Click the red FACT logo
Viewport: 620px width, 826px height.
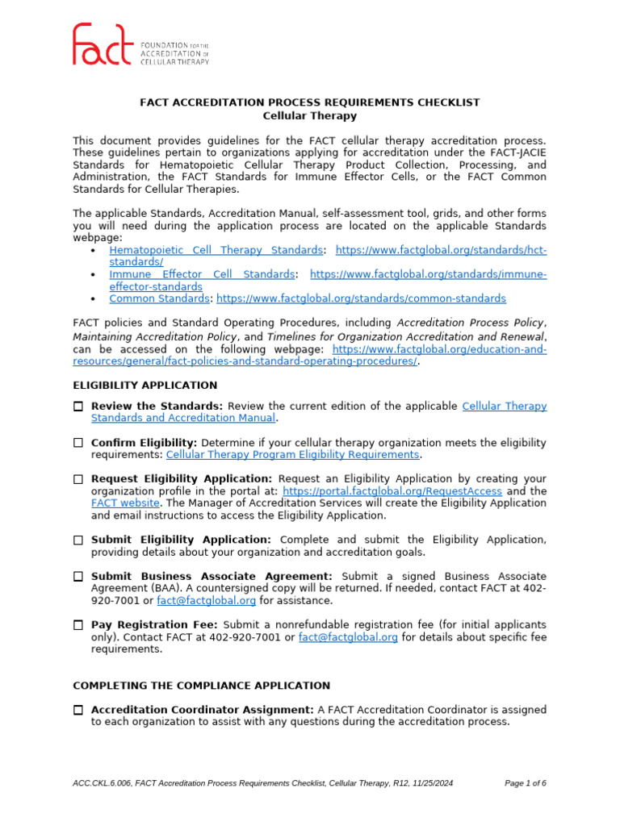tap(103, 44)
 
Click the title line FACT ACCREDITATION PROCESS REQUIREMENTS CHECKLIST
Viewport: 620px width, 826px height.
tap(310, 102)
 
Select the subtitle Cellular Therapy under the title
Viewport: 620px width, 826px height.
tap(310, 115)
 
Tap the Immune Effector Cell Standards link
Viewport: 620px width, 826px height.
tap(202, 275)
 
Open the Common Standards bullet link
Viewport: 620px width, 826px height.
tap(159, 298)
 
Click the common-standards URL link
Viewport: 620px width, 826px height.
tap(361, 298)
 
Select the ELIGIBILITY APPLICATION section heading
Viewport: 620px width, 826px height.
tap(145, 385)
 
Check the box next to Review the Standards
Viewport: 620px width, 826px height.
tap(78, 407)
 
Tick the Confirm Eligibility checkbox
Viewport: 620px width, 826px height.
tap(78, 443)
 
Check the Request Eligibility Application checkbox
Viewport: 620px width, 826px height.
tap(78, 479)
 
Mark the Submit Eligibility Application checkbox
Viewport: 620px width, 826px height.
tap(78, 540)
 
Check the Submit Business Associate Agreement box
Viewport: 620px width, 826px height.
tap(78, 577)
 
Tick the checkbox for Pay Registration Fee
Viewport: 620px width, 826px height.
tap(78, 625)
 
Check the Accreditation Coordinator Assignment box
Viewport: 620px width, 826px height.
tap(78, 710)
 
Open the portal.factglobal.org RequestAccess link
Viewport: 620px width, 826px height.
tap(392, 491)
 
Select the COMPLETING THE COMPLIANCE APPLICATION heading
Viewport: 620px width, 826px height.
tap(201, 686)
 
